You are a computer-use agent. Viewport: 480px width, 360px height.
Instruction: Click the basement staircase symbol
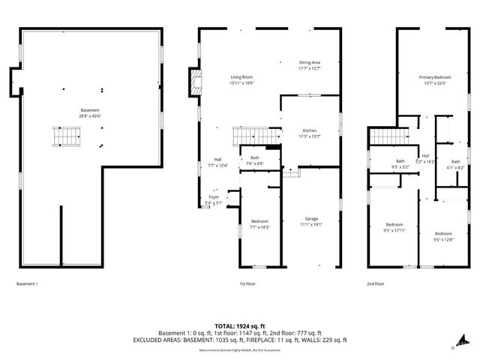pyautogui.click(x=69, y=137)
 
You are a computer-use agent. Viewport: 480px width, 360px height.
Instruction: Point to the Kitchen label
pyautogui.click(x=310, y=130)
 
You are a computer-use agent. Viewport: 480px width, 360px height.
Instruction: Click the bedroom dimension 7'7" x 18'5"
pyautogui.click(x=259, y=227)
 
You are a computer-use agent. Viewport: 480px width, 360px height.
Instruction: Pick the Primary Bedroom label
pyautogui.click(x=434, y=76)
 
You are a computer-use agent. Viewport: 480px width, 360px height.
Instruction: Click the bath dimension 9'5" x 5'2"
pyautogui.click(x=400, y=167)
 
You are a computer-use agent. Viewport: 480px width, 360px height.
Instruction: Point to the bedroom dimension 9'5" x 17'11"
pyautogui.click(x=394, y=230)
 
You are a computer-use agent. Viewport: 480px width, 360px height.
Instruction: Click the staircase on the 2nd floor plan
pyautogui.click(x=388, y=136)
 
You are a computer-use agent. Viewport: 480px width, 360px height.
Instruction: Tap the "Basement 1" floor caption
pyautogui.click(x=27, y=284)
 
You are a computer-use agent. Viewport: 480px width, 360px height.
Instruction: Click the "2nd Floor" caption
pyautogui.click(x=376, y=284)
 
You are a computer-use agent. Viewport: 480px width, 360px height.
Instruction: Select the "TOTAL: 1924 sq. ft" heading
pyautogui.click(x=240, y=326)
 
